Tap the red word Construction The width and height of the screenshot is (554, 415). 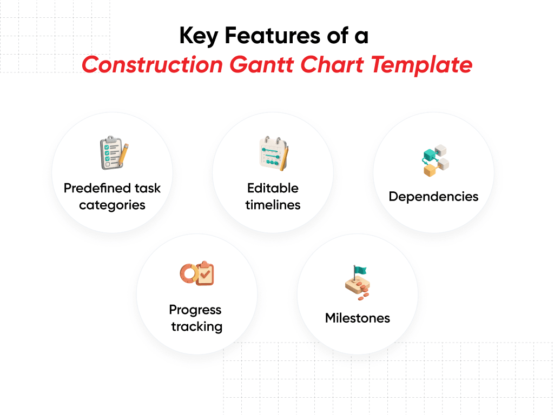coord(152,65)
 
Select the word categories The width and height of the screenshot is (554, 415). coord(112,205)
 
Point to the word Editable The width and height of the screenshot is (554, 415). coord(273,189)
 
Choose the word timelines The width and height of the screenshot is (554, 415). coord(273,205)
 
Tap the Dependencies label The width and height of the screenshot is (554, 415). coord(433,196)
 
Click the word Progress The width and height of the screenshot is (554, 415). coord(195,310)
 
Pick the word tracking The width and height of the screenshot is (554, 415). coord(196,327)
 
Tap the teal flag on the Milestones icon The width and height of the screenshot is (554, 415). coord(360,270)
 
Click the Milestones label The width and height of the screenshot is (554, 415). coord(357,318)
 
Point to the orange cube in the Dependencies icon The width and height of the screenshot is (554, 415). coord(430,170)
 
